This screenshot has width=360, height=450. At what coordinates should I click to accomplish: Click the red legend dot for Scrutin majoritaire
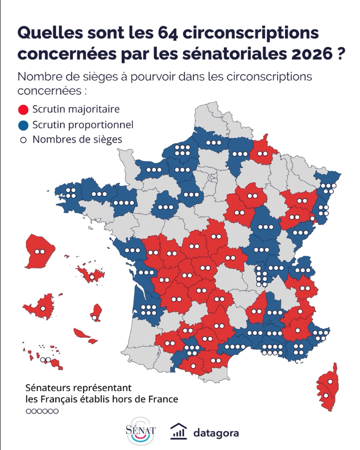click(x=23, y=110)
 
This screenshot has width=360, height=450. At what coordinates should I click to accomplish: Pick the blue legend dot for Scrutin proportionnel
click(x=23, y=125)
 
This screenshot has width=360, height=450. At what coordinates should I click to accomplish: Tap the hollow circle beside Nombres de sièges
click(x=23, y=140)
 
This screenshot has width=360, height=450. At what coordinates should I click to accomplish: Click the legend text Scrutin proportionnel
click(x=83, y=125)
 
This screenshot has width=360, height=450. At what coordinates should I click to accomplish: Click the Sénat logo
click(x=140, y=430)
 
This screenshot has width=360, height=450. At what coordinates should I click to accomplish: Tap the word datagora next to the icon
click(x=216, y=433)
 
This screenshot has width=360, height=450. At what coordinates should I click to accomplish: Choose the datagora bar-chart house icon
click(x=178, y=432)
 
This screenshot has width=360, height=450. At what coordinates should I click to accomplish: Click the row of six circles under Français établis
click(x=42, y=411)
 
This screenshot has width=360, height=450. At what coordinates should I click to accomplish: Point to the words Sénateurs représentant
click(x=78, y=388)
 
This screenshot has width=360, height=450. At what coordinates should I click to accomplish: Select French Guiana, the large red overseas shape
click(x=39, y=251)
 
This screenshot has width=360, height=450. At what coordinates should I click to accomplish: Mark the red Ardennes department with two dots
click(x=263, y=151)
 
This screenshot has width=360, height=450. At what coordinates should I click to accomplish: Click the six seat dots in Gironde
click(x=148, y=310)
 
